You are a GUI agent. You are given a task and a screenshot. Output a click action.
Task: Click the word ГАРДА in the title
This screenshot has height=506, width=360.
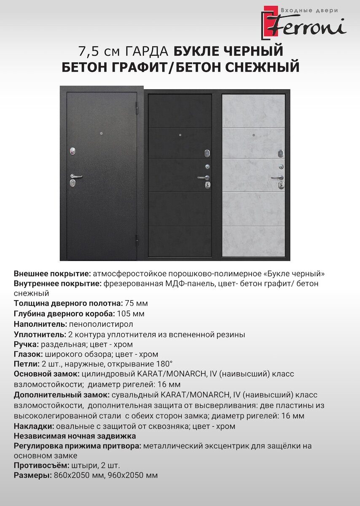(148, 51)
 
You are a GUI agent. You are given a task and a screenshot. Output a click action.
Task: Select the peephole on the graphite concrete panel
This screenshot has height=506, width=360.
(180, 135)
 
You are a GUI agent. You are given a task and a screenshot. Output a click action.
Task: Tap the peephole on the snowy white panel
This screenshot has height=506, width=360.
(253, 135)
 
